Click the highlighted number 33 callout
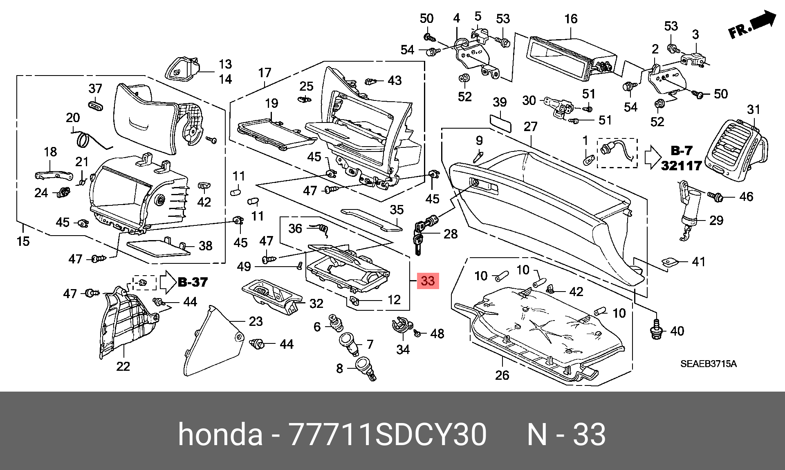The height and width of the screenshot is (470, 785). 428,281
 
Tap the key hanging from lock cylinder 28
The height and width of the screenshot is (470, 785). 417,244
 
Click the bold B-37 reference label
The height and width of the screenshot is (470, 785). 193,282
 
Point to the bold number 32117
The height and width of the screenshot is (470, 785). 682,165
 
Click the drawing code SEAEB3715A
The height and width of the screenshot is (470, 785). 709,363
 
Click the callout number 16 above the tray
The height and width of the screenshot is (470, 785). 571,19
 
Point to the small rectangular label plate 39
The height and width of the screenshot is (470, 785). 500,123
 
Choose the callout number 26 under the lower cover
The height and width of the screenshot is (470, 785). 502,375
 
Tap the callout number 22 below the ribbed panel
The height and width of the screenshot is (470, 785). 123,366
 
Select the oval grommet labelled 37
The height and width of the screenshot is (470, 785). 95,106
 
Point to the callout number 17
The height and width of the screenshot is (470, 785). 265,73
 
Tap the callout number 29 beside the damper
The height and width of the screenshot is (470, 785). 716,221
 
